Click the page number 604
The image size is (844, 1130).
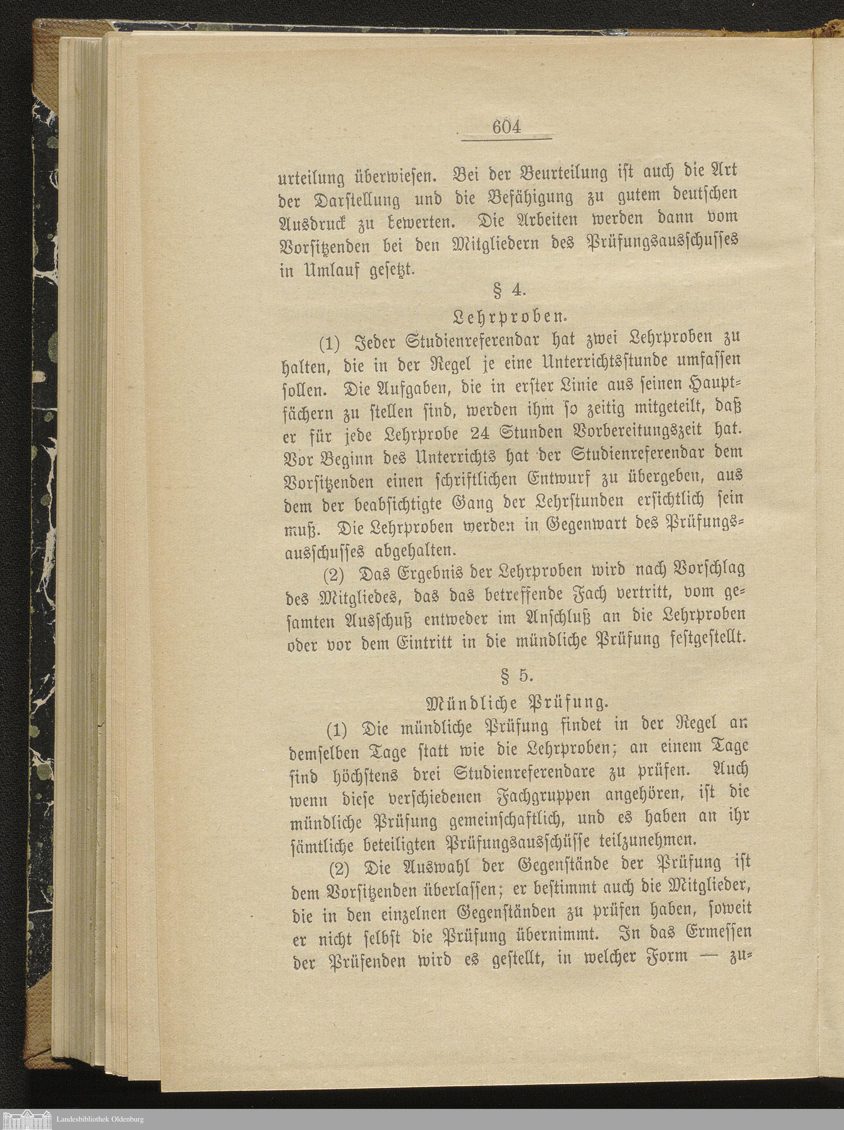(506, 126)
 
